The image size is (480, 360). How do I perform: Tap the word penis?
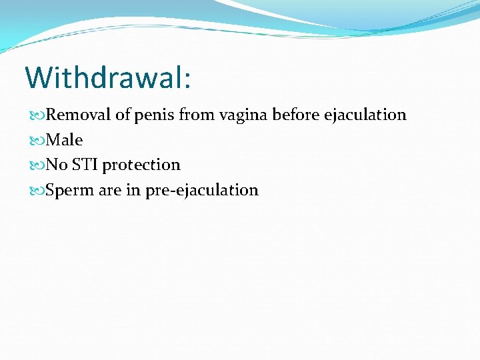pyautogui.click(x=154, y=115)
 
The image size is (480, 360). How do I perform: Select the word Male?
pyautogui.click(x=65, y=140)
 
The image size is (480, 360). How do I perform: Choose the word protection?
pyautogui.click(x=141, y=165)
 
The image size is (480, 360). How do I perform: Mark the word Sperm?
pyautogui.click(x=70, y=190)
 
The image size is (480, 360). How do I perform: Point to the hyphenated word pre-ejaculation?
pyautogui.click(x=202, y=191)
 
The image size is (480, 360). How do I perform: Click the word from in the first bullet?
pyautogui.click(x=194, y=115)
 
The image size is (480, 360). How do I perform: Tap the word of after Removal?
pyautogui.click(x=123, y=115)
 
